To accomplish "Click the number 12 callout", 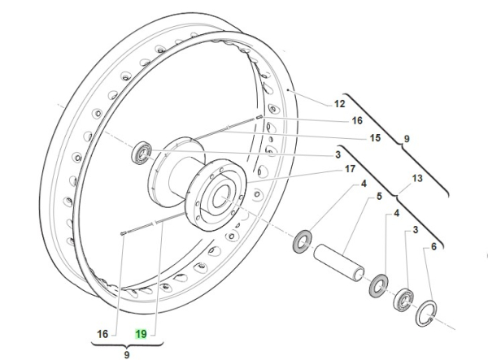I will point(317,103).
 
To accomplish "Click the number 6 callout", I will point(434,246).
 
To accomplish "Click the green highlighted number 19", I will point(141,333).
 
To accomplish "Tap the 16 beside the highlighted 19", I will point(103,333).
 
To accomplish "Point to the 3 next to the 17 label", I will point(337,154).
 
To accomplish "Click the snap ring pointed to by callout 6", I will point(428,314).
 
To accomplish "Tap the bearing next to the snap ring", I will point(404,302).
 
